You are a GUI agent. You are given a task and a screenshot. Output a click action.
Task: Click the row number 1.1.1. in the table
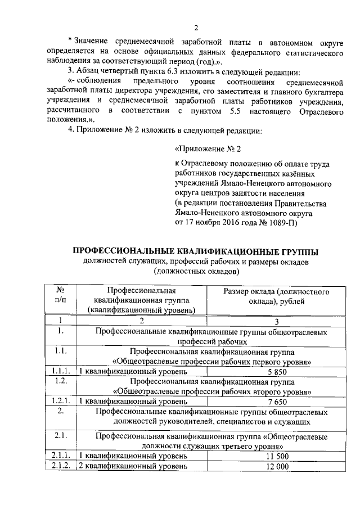[59, 371]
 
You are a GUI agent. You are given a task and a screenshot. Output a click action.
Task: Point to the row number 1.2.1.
[59, 402]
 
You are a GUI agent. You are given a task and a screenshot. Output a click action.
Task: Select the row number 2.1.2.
[59, 467]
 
